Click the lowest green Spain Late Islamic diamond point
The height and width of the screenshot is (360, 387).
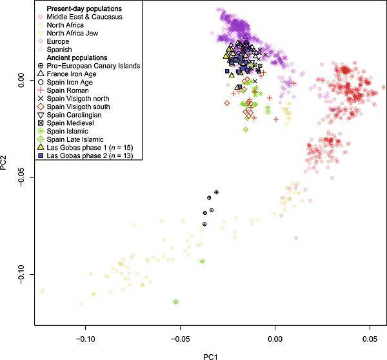pyautogui.click(x=175, y=301)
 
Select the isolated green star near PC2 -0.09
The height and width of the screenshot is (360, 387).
pyautogui.click(x=203, y=261)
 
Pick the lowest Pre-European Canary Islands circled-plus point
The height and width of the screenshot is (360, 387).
pyautogui.click(x=204, y=224)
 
